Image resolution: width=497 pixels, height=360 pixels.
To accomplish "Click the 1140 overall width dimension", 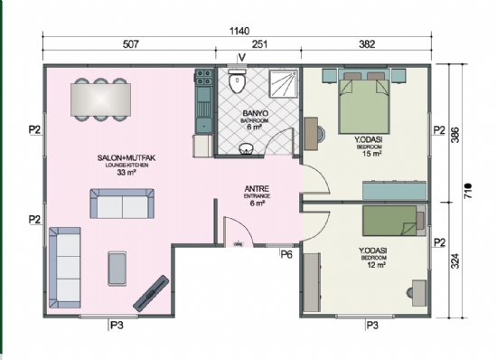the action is click(x=239, y=31).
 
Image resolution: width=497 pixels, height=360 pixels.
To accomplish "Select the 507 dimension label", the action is click(x=131, y=44).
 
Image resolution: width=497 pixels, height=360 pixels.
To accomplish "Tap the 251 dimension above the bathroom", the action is click(x=259, y=44).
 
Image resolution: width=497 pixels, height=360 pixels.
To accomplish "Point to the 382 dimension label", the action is click(x=367, y=44).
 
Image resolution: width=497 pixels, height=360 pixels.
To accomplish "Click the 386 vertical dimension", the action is click(x=455, y=135).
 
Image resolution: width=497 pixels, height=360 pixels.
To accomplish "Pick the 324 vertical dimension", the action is click(x=455, y=261).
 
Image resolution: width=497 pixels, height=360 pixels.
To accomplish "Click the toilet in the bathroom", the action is click(x=237, y=81).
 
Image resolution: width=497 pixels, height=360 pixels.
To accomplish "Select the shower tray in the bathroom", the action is click(x=284, y=84).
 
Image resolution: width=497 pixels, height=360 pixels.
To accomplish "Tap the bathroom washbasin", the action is click(x=246, y=148).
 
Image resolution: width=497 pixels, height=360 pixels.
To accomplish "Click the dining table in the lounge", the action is click(x=101, y=99).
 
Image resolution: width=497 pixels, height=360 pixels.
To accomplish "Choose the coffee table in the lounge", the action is click(x=117, y=269).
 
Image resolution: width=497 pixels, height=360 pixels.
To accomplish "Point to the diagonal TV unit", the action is click(x=151, y=293).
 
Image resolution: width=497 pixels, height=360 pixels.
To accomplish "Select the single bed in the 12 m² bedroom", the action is click(x=394, y=221).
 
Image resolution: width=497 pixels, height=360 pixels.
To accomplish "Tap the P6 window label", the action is click(x=286, y=254).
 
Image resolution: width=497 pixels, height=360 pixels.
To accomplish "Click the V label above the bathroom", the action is click(x=242, y=57).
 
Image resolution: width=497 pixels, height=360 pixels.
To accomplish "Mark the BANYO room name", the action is click(x=256, y=113).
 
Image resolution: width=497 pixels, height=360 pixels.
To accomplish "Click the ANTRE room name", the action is click(x=257, y=189).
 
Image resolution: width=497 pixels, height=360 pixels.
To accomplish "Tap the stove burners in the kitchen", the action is click(x=203, y=78).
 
